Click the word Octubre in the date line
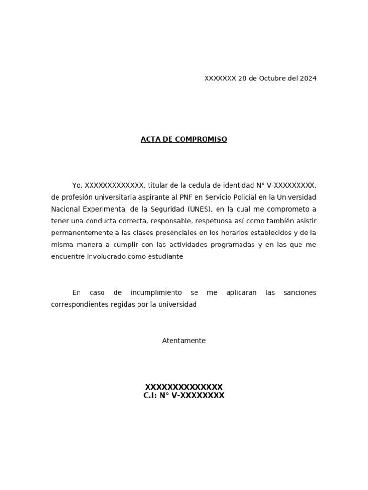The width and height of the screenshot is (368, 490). tap(272, 78)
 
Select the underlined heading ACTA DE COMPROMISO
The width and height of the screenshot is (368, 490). tap(184, 139)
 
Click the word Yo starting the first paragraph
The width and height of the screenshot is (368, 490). tap(77, 185)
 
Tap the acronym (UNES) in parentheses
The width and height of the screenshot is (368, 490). tap(199, 209)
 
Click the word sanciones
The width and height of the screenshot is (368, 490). tap(299, 292)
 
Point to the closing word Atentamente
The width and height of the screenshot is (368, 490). tap(184, 341)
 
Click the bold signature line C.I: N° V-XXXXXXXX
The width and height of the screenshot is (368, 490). tap(184, 396)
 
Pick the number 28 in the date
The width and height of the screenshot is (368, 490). tap(242, 78)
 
